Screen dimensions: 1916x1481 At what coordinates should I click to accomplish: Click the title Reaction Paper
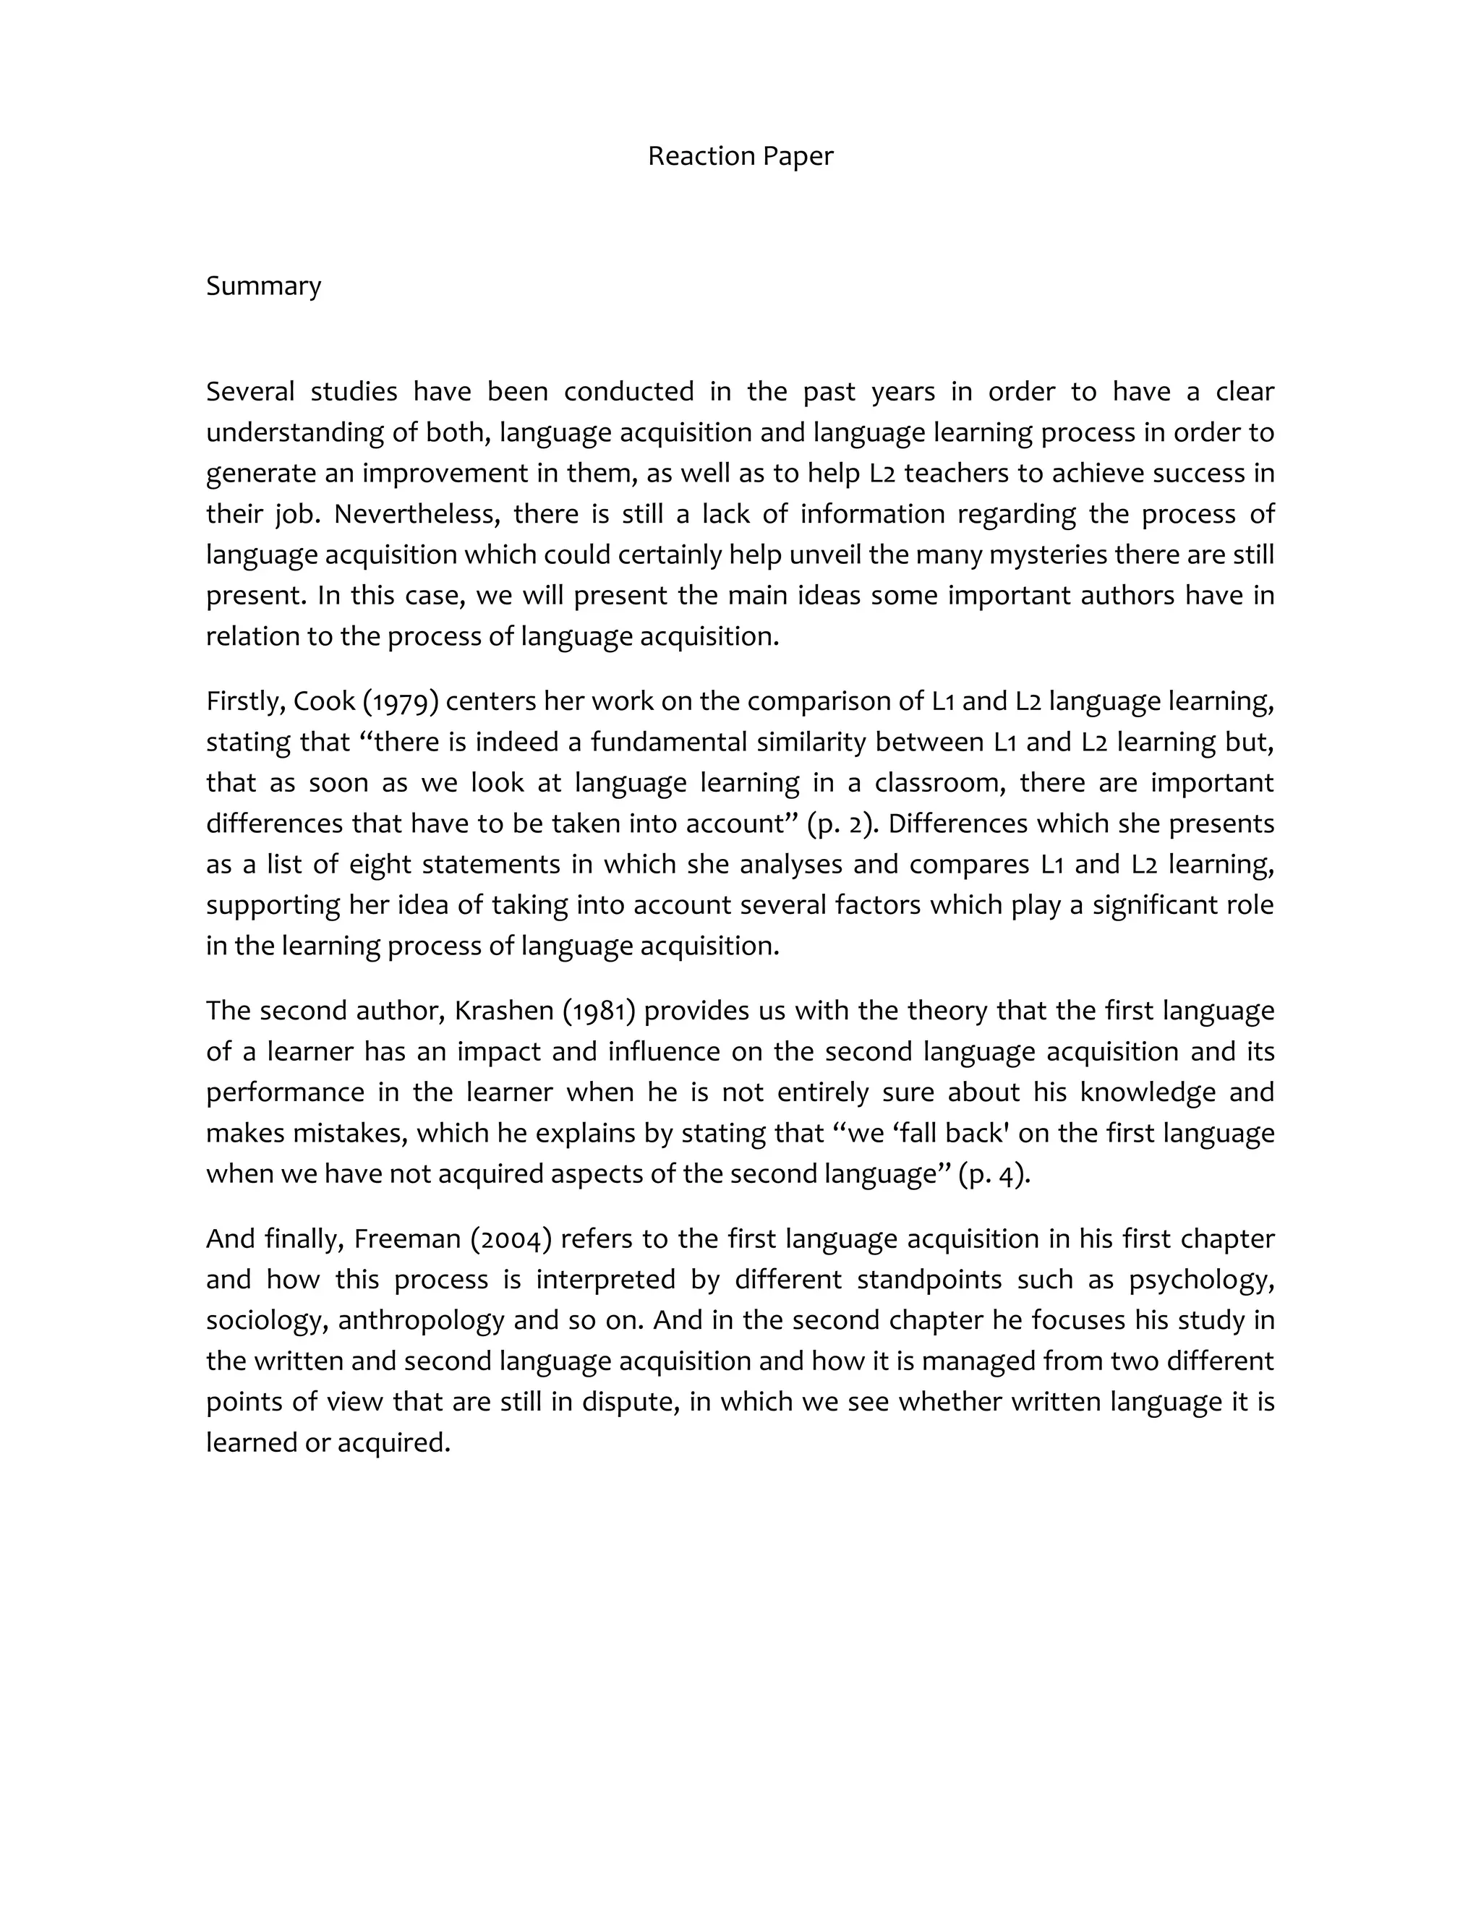pyautogui.click(x=740, y=156)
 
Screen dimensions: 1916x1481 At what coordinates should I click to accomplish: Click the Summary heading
pyautogui.click(x=263, y=286)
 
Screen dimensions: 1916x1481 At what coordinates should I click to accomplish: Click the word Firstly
pyautogui.click(x=242, y=702)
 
